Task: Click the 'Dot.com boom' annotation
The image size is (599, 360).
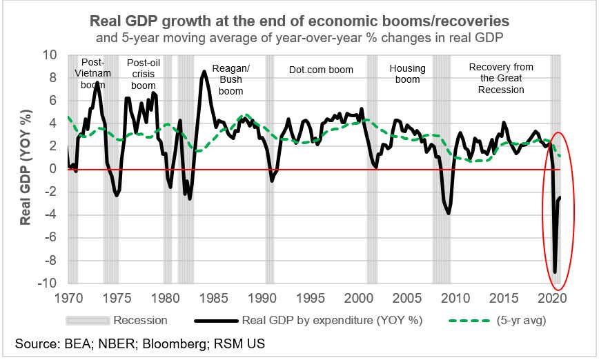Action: (x=321, y=70)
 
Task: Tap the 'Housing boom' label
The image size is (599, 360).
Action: (x=408, y=74)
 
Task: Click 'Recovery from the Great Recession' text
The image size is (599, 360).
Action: (x=501, y=78)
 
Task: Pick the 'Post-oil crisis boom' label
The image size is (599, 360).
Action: (x=143, y=74)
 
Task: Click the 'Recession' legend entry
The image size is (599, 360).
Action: (x=140, y=320)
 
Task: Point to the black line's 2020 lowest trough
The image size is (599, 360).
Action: (x=556, y=272)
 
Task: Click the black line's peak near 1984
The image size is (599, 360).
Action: (x=204, y=72)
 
